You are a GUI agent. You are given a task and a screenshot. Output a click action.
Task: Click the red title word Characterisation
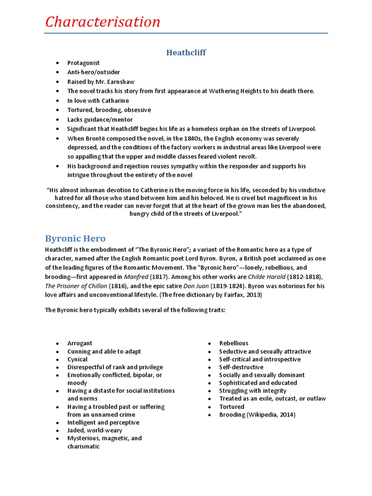pos(102,22)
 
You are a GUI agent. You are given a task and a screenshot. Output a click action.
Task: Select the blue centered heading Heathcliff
pos(186,52)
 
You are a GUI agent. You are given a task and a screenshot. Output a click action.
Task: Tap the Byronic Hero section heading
pos(75,238)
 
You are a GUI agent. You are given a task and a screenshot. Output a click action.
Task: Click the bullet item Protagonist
pos(83,63)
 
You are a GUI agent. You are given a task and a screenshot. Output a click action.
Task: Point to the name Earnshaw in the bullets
pos(121,82)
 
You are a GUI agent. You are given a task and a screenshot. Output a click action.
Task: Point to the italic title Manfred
pos(137,276)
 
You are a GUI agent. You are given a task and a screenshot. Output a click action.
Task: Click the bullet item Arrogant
pos(79,343)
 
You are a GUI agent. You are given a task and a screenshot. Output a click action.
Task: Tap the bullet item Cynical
pos(77,359)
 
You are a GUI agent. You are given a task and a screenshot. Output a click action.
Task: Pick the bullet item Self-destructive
pos(241,367)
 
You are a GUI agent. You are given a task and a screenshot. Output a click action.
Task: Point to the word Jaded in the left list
pos(76,430)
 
